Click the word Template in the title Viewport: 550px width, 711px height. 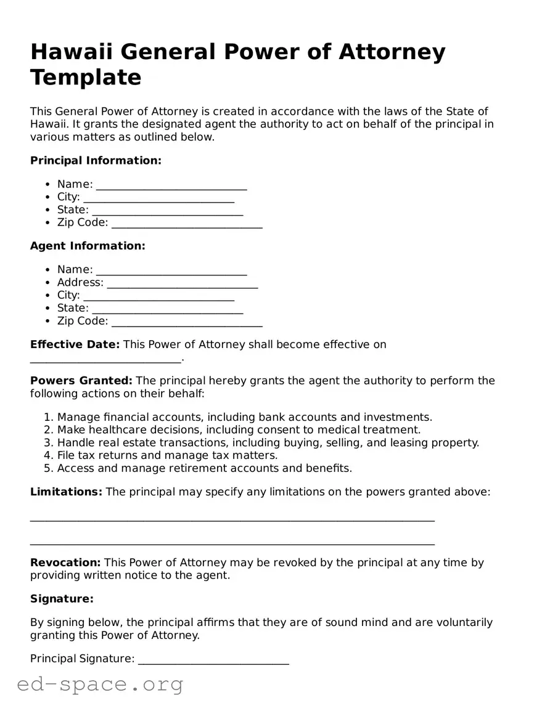click(86, 78)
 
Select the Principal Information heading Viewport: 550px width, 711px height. click(96, 161)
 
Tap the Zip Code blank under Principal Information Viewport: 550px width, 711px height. click(187, 224)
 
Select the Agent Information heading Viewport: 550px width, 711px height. click(88, 246)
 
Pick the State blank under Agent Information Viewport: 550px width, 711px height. click(167, 309)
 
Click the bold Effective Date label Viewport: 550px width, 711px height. click(75, 344)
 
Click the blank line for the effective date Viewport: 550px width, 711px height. click(105, 359)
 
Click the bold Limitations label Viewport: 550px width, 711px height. click(66, 492)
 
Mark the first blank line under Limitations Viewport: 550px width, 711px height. click(232, 519)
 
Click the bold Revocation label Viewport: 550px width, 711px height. click(65, 563)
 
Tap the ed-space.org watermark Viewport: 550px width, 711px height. click(100, 684)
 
